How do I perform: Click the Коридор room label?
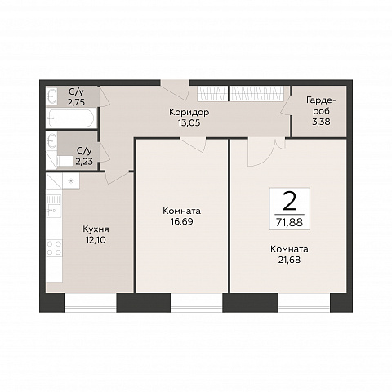point(189,112)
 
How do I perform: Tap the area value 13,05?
point(189,123)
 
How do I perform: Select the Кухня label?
point(96,229)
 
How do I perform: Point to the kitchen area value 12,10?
point(96,240)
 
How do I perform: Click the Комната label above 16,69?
point(182,211)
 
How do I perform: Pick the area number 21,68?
point(289,260)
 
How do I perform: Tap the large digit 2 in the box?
point(290,201)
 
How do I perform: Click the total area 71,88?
point(290,223)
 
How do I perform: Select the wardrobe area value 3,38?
point(321,122)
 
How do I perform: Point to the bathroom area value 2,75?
point(76,102)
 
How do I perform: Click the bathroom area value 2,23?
point(84,162)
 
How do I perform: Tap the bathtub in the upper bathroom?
point(71,118)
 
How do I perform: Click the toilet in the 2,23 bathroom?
point(65,161)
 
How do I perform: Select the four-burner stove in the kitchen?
point(54,248)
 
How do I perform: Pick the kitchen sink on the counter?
point(54,210)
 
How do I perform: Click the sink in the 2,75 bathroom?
point(51,96)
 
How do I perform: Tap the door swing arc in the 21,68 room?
point(265,157)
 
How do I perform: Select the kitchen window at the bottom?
point(91,303)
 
